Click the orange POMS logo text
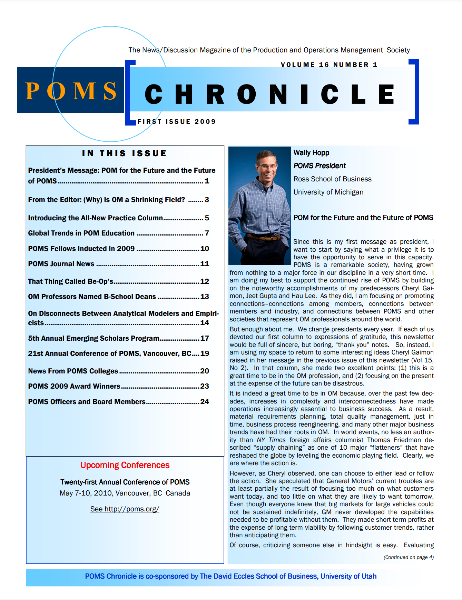click(x=71, y=91)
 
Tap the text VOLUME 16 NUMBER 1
click(x=329, y=65)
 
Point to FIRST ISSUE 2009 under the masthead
click(x=176, y=122)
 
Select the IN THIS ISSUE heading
click(x=124, y=153)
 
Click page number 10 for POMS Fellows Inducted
click(x=205, y=249)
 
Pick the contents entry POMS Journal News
click(x=61, y=264)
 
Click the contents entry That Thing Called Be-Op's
click(x=71, y=281)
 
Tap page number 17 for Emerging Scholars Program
click(x=205, y=338)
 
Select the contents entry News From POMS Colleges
click(x=73, y=371)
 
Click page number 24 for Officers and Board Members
click(x=205, y=402)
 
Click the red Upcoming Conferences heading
click(x=125, y=465)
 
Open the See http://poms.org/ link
click(x=125, y=509)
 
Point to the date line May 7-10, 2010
click(x=125, y=493)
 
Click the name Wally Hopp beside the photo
click(x=311, y=153)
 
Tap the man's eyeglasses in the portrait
click(x=267, y=166)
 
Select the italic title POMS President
click(x=320, y=166)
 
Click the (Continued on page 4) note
click(x=409, y=557)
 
